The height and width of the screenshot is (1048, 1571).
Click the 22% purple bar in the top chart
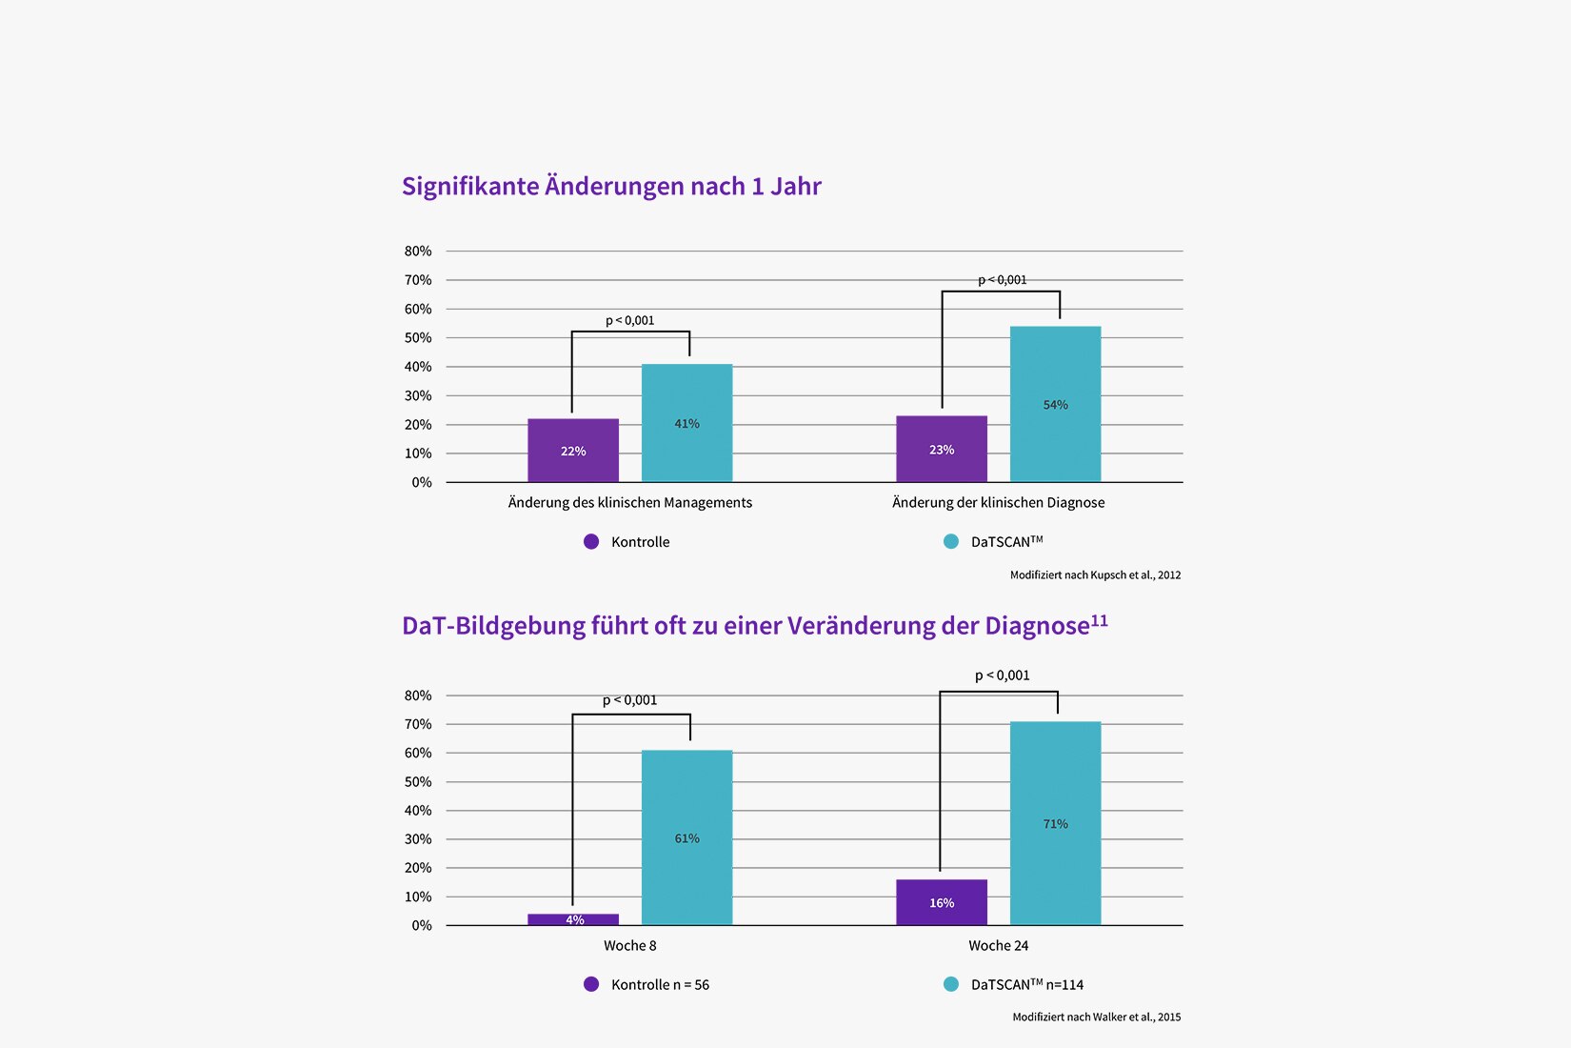573,450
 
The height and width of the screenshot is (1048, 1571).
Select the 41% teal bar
686,423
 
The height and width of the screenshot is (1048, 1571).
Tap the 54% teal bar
1055,404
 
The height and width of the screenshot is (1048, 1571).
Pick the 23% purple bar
942,449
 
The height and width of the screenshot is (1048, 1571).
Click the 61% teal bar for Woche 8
686,837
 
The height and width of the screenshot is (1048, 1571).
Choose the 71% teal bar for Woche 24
1055,823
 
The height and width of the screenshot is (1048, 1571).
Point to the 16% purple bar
942,902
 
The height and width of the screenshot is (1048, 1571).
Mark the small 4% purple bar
573,919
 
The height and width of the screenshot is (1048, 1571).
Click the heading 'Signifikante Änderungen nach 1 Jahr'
611,186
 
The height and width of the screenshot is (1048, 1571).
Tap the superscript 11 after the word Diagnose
1099,620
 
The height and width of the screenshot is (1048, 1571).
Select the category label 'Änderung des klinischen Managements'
629,502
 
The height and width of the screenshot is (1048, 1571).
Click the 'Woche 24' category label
998,945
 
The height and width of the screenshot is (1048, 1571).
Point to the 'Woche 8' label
629,945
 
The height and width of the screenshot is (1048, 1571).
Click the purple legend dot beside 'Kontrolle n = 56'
591,984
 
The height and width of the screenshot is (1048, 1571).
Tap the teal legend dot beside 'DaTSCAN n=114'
951,984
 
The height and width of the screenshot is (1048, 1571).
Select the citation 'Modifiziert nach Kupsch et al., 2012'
1095,574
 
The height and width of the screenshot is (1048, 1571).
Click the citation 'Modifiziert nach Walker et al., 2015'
1096,1017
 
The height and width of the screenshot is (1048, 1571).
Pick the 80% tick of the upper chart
418,251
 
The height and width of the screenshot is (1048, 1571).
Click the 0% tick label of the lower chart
422,925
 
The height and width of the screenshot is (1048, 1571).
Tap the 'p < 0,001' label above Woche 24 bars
1002,675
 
